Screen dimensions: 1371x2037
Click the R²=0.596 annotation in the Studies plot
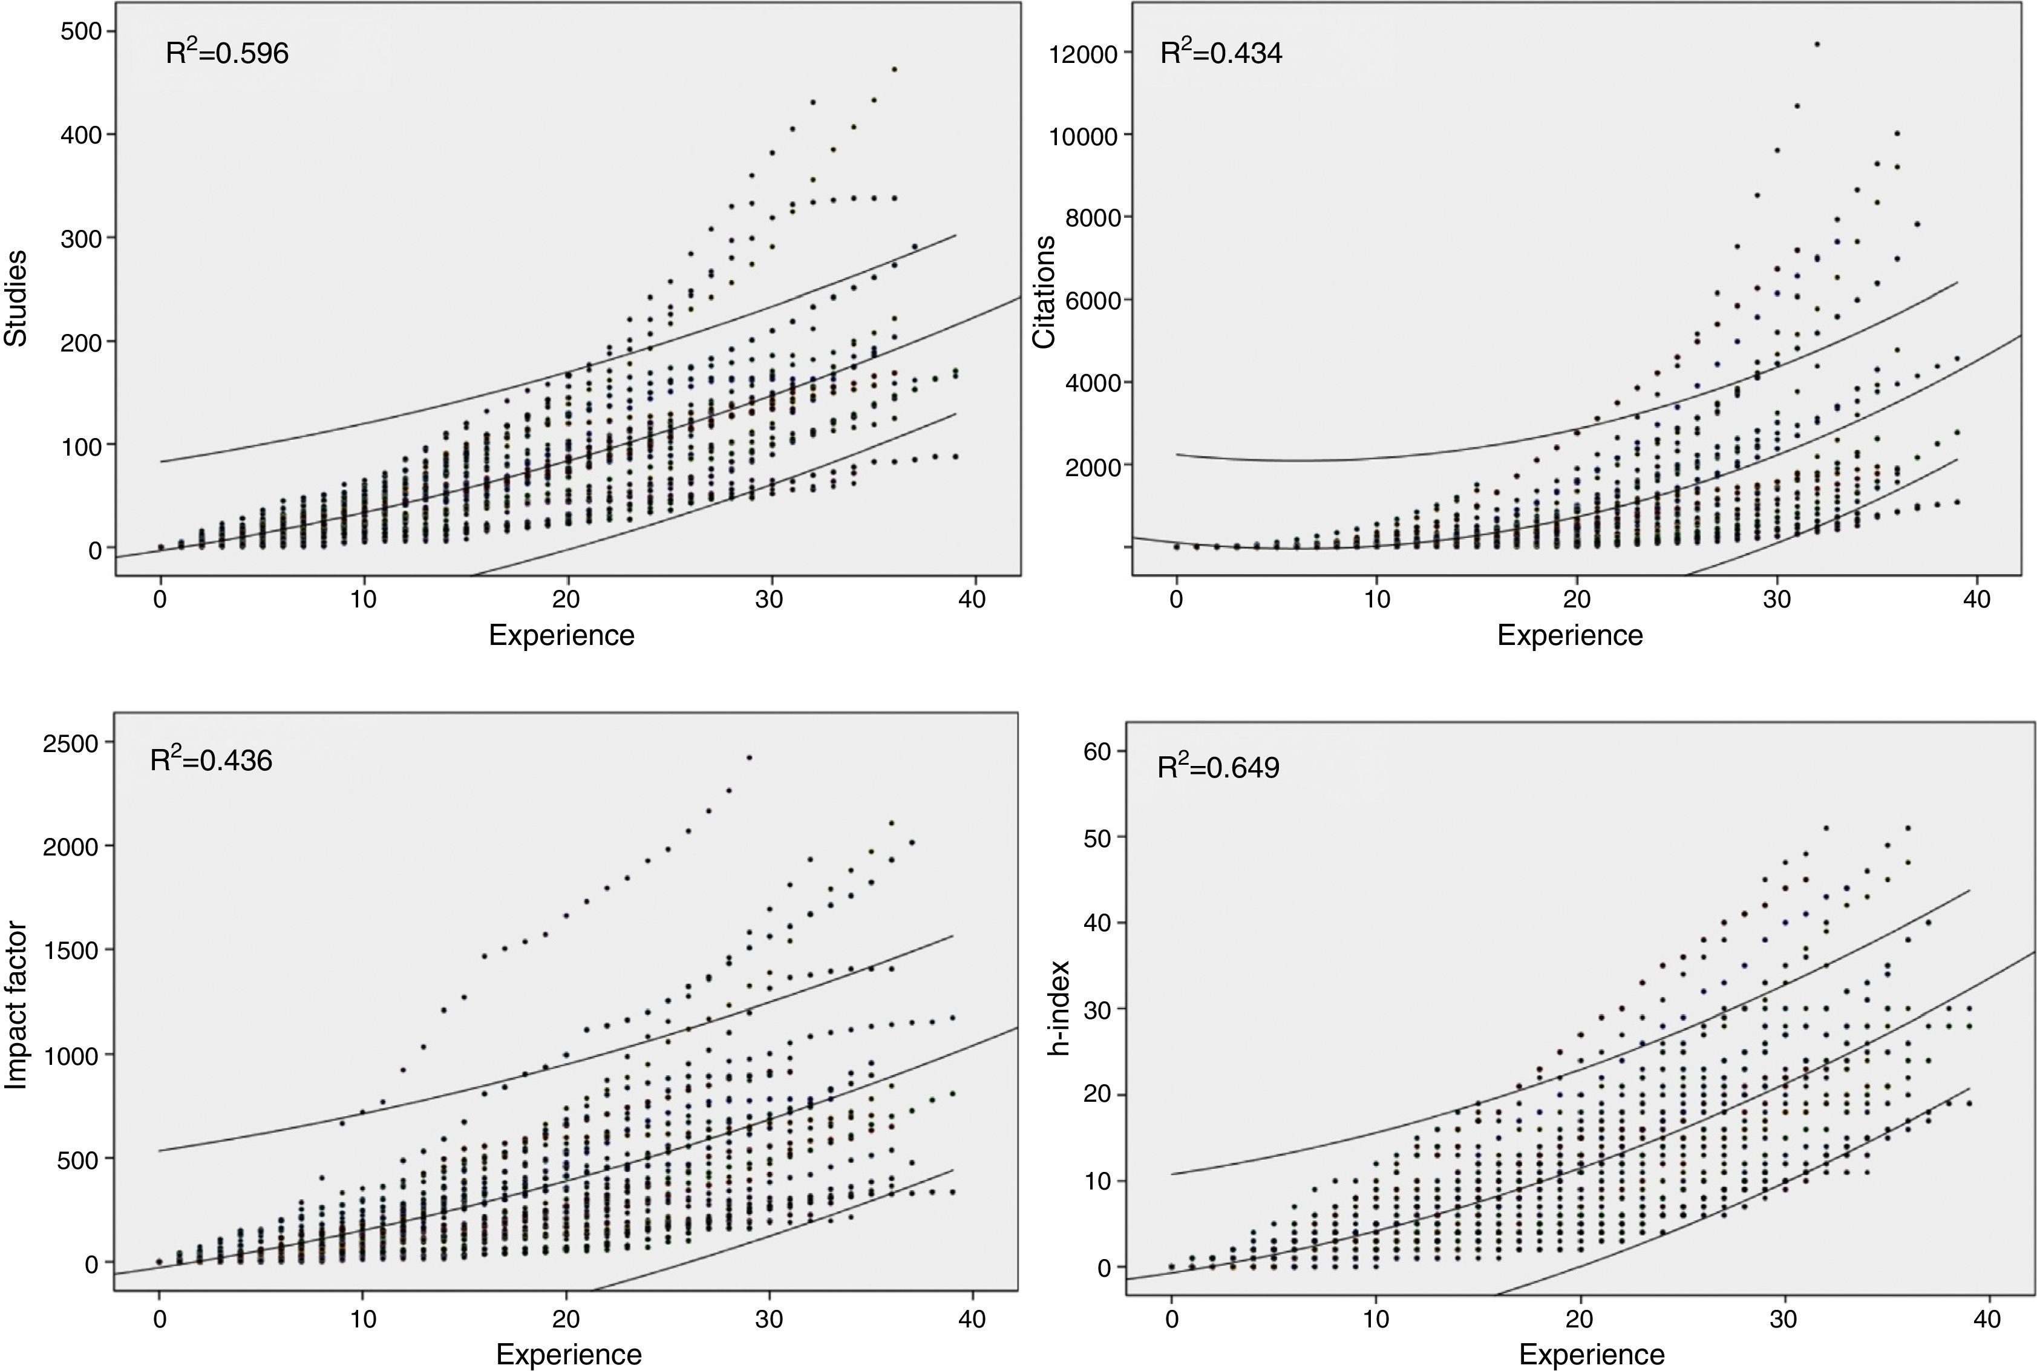pos(227,53)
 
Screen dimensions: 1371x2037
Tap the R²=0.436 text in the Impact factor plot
pos(212,760)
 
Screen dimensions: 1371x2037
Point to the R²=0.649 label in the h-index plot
pos(1218,767)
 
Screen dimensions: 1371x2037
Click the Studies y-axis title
pos(16,298)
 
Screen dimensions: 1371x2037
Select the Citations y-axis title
pos(1045,292)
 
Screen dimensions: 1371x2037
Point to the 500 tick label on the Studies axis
pos(81,31)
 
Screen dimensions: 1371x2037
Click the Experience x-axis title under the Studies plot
pos(561,635)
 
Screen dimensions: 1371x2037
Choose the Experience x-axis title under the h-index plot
pos(1592,1355)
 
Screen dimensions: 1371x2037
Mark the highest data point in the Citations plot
pos(1817,44)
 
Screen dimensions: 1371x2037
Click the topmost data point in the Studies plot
pos(894,69)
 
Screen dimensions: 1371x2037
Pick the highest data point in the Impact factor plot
pos(749,757)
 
